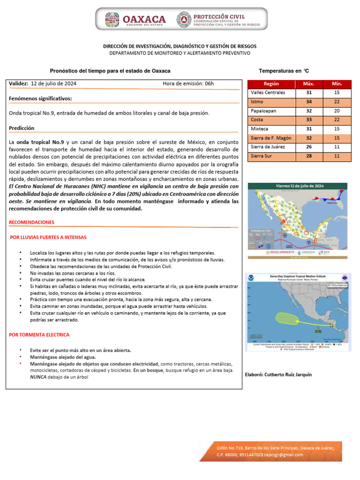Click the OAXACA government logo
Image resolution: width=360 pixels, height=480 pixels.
click(136, 19)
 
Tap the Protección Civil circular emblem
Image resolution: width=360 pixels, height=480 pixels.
click(183, 20)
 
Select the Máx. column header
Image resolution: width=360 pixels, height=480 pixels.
click(308, 84)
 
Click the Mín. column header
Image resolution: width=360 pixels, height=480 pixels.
click(337, 84)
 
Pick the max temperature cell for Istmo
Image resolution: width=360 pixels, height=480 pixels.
click(308, 102)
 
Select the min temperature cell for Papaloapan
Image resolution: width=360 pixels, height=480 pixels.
click(337, 111)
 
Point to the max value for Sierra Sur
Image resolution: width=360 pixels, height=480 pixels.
click(308, 156)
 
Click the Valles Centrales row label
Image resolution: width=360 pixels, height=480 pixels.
click(268, 93)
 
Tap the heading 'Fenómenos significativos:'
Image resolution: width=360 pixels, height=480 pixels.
click(40, 99)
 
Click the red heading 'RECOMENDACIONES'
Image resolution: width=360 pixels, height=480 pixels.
click(31, 222)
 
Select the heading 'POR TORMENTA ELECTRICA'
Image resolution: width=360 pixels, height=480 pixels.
click(39, 335)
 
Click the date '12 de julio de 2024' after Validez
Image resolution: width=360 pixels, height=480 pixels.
click(54, 83)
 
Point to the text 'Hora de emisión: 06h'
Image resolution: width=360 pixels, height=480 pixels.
click(188, 83)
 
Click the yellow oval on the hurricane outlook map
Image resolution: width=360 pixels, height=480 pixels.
click(286, 318)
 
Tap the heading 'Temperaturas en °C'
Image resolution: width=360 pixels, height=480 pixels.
click(284, 71)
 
